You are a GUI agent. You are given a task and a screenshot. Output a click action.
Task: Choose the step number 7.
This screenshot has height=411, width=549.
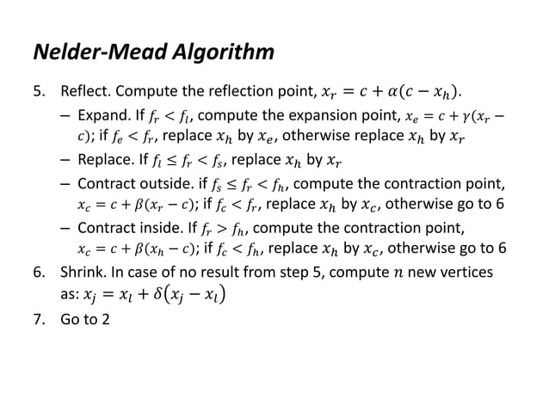[x=38, y=331]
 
